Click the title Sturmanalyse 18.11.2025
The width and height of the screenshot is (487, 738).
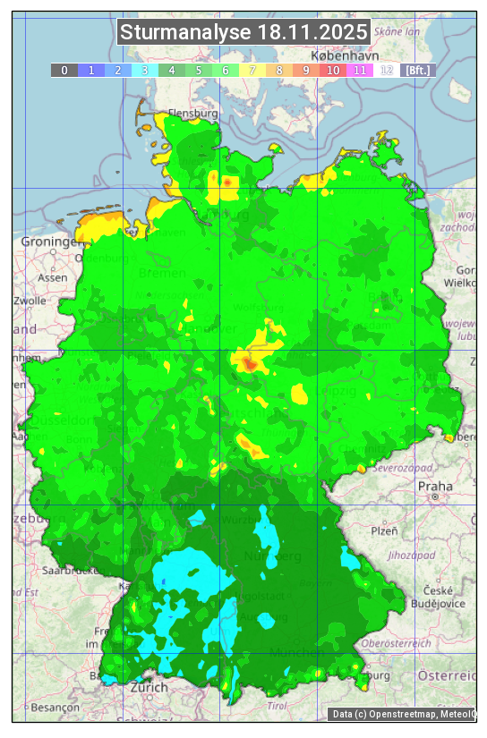(243, 32)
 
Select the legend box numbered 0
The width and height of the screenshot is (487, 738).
(64, 70)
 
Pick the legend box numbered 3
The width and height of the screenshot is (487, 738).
(145, 70)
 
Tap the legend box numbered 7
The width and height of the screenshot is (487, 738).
(252, 70)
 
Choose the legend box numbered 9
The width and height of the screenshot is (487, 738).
(306, 70)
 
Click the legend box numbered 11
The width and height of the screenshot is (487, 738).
(360, 70)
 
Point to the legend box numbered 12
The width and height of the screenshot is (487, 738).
(387, 70)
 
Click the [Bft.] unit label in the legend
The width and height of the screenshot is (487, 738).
(417, 70)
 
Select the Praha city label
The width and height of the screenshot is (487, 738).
(435, 486)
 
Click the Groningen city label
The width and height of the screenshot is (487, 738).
(47, 242)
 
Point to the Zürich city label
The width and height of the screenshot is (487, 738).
(149, 687)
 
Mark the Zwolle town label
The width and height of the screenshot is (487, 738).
(29, 301)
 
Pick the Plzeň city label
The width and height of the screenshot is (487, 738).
(384, 530)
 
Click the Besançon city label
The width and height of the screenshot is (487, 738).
(34, 707)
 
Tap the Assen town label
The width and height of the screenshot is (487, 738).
(53, 277)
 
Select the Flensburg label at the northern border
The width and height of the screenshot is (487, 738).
(192, 115)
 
